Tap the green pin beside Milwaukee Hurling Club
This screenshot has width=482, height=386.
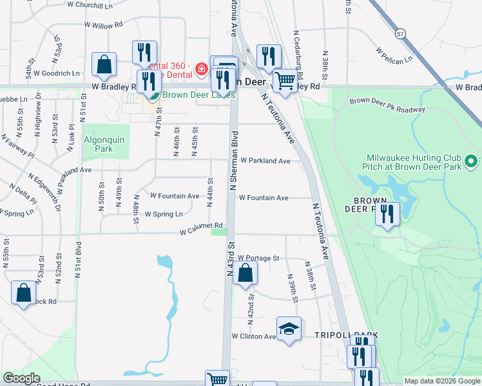(x=471, y=160)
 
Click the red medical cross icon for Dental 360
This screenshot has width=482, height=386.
(x=202, y=68)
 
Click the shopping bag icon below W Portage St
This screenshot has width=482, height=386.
(x=246, y=273)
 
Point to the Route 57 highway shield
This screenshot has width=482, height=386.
(x=401, y=33)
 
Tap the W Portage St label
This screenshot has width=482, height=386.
(x=258, y=258)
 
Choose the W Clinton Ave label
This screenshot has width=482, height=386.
(x=253, y=336)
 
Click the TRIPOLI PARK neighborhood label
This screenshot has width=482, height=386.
(x=345, y=335)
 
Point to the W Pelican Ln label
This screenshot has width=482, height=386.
(x=394, y=55)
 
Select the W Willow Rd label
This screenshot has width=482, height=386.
(x=103, y=25)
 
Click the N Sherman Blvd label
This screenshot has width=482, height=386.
(x=235, y=160)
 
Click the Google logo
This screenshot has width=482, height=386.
(x=22, y=378)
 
